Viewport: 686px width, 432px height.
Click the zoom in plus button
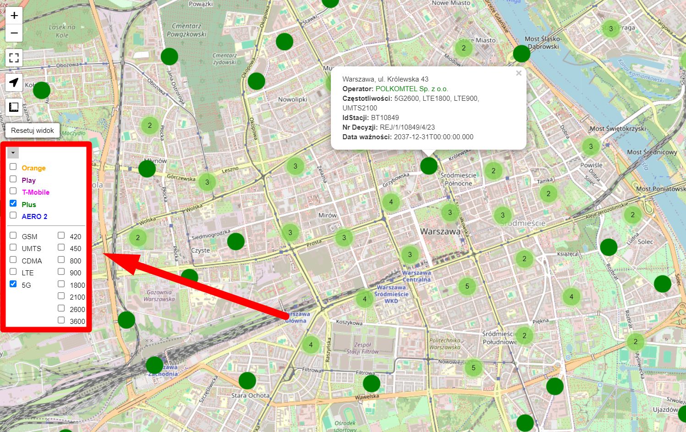tap(14, 16)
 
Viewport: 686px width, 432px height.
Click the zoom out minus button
tap(14, 33)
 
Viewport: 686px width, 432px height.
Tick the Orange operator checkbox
tap(13, 167)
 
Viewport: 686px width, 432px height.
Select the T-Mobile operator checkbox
tap(13, 191)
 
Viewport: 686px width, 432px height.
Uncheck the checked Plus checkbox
tap(13, 203)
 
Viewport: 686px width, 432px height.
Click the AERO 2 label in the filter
tap(34, 216)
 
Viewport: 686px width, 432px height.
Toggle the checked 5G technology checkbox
tap(13, 284)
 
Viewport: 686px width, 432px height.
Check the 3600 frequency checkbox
tap(61, 320)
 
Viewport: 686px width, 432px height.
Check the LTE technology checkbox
tap(13, 272)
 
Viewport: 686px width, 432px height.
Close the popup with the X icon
tap(519, 73)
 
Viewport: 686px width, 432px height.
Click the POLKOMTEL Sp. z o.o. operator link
tap(412, 89)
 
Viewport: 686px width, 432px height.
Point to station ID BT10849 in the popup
tap(385, 118)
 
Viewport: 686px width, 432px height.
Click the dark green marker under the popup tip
tap(429, 166)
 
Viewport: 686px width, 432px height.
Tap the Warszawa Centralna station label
tap(417, 276)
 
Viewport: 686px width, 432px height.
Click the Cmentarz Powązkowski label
tap(187, 30)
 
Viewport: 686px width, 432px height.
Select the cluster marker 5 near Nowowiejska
tap(473, 368)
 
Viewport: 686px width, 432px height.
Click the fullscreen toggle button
tap(14, 58)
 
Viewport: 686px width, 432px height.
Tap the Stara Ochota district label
tap(250, 395)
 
